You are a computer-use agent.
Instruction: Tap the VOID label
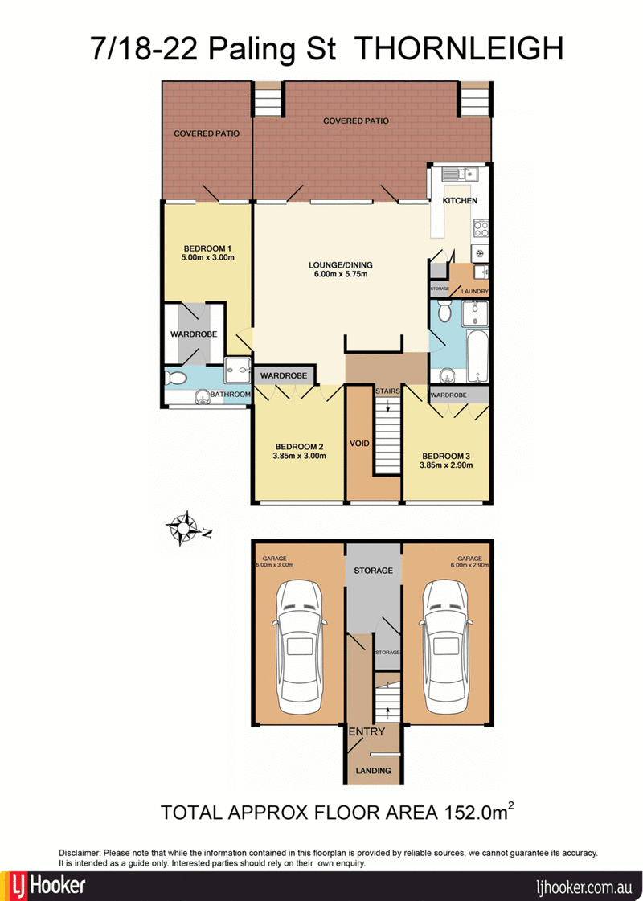tap(360, 444)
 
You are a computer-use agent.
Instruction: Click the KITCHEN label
tap(460, 201)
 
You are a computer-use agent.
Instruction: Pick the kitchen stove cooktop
tap(481, 229)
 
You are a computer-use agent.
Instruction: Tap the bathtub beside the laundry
tap(477, 355)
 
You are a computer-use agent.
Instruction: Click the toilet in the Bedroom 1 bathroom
tap(176, 378)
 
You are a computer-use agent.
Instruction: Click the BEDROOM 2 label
tap(299, 446)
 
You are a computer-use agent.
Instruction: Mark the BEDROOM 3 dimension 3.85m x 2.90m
tap(446, 465)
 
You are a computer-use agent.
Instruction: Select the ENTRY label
tap(367, 731)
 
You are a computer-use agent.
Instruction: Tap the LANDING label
tap(374, 771)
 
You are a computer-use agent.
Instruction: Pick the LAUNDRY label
tap(475, 292)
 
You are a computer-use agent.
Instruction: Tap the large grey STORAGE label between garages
tap(374, 571)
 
